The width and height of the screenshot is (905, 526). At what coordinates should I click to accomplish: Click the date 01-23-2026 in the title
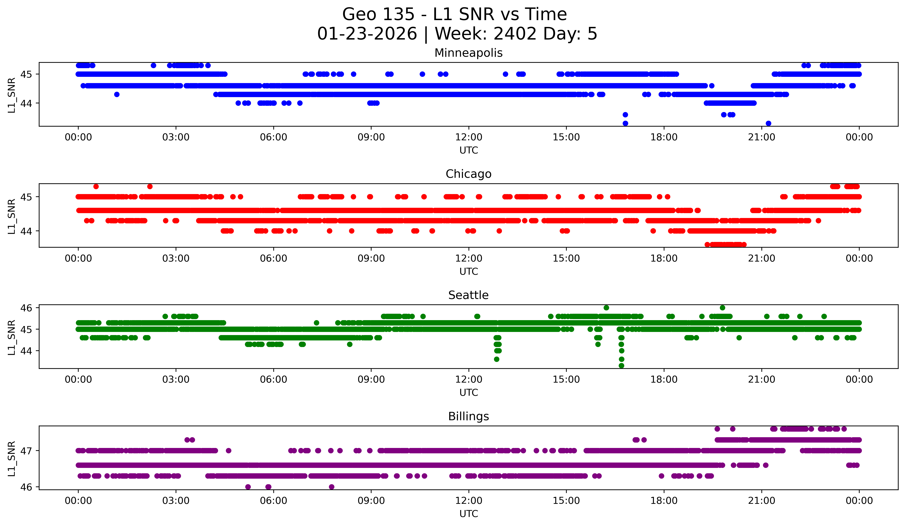[367, 34]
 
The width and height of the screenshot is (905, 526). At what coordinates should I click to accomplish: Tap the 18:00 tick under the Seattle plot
[664, 380]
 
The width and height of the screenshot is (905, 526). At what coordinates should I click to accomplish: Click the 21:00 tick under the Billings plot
[761, 501]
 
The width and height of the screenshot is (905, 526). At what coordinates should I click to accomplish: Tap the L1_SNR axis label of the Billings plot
[11, 458]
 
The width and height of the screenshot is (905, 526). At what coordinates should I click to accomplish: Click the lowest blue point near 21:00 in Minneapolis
[768, 123]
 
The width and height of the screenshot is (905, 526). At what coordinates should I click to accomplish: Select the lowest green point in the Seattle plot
[621, 366]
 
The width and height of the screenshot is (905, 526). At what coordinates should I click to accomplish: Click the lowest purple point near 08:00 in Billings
[332, 487]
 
